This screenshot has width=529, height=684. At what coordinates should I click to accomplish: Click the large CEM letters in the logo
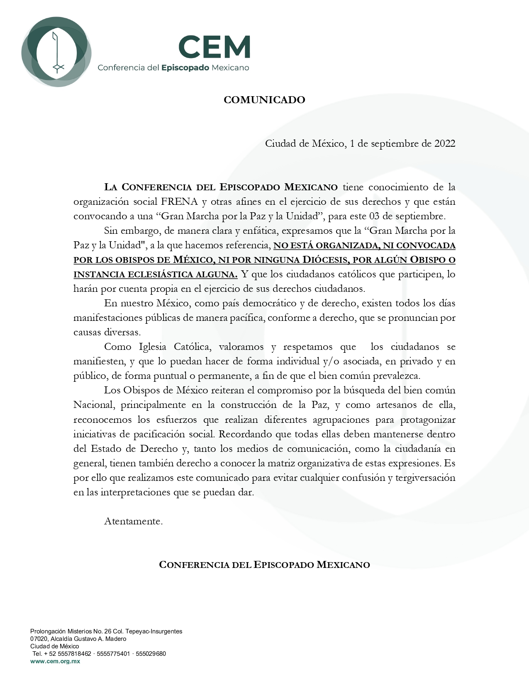215,47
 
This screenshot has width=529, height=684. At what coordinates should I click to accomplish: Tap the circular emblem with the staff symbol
56,52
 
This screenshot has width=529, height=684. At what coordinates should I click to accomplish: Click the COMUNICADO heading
264,100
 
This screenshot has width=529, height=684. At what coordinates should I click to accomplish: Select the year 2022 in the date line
444,144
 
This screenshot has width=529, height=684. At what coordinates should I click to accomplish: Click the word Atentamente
133,521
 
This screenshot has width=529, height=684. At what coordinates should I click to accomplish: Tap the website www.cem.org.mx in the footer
55,661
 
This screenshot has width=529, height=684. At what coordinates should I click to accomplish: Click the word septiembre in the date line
394,144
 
